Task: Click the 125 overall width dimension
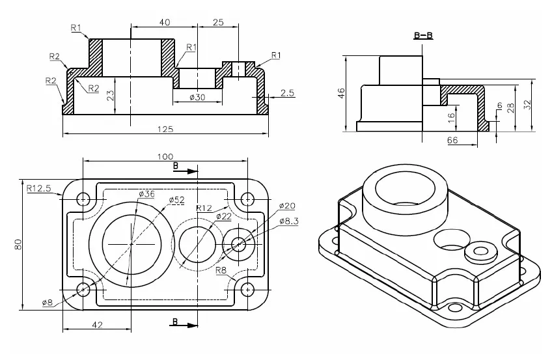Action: (165, 130)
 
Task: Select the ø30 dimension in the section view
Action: (197, 98)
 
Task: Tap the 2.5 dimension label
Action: (287, 93)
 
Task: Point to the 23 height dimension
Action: (110, 95)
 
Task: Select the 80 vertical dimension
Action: (18, 244)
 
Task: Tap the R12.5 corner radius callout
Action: (39, 188)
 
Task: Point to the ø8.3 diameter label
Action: (289, 221)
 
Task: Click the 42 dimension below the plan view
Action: (96, 323)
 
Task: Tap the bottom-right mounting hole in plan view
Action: (247, 290)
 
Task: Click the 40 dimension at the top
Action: (164, 23)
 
